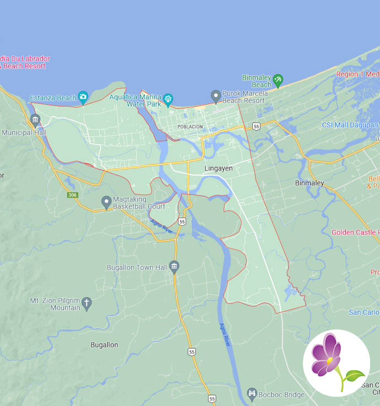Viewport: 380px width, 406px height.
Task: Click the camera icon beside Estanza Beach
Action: coord(83,98)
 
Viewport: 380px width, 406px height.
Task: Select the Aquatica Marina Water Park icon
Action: coord(168,99)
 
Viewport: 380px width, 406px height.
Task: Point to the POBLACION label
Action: coord(190,127)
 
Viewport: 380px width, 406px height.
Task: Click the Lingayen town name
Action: coord(219,168)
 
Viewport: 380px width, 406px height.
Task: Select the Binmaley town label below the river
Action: coord(310,183)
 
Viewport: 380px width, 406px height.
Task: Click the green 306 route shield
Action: coord(73,195)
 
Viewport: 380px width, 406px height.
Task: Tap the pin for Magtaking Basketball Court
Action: coord(106,202)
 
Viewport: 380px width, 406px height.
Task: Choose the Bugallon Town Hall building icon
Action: coord(174,267)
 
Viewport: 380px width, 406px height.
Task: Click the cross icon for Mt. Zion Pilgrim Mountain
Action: coord(86,302)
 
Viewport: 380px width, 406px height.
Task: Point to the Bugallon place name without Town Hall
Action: coord(104,345)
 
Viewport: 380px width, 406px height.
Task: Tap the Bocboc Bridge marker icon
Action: coord(252,393)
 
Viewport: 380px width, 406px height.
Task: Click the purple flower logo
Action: coord(336,363)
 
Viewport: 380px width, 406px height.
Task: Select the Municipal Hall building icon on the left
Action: coord(36,120)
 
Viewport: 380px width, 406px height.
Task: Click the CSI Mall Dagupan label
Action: coord(350,125)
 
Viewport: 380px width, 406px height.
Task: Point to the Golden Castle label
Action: coord(355,232)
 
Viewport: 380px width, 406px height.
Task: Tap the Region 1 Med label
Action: coord(358,74)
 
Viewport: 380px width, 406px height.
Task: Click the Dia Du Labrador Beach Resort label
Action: coord(25,62)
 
